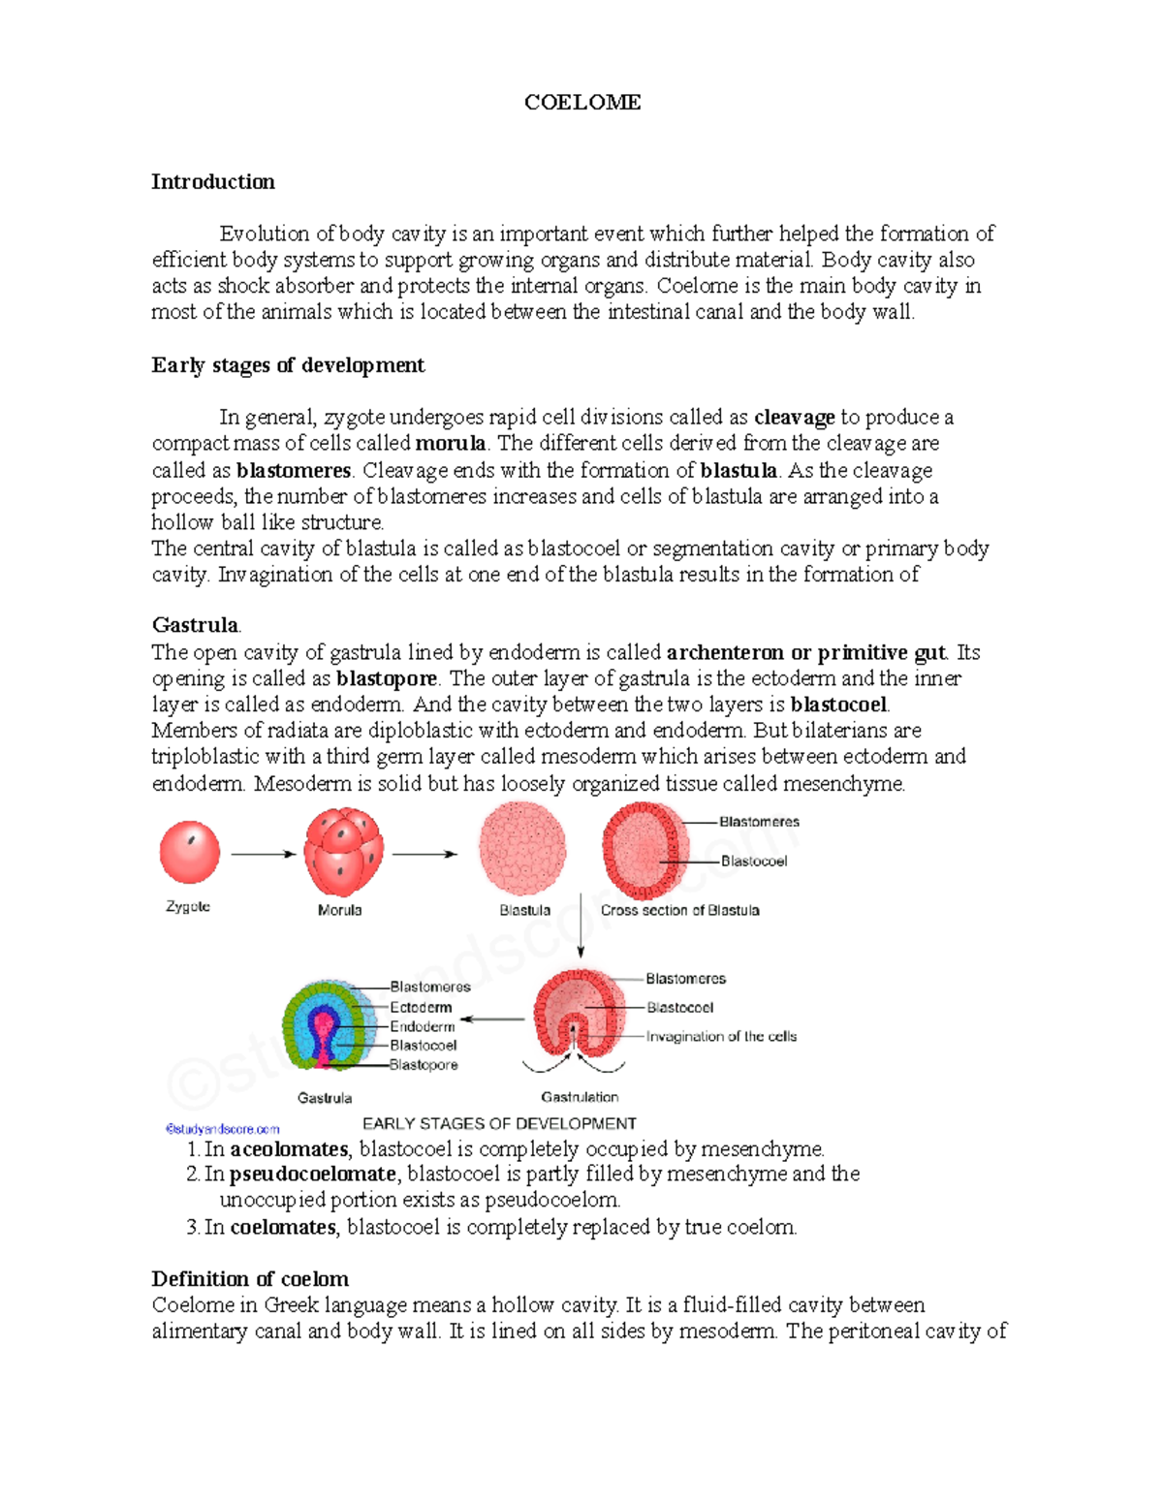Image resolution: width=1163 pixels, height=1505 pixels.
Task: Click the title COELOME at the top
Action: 581,103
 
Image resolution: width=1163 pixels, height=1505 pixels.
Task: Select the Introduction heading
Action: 213,182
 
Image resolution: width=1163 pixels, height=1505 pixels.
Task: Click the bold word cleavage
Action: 794,418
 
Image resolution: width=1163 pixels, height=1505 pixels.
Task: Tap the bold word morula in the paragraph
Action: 450,444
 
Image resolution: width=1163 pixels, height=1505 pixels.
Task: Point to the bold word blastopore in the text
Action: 387,678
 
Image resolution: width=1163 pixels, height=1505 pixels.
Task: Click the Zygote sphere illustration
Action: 190,852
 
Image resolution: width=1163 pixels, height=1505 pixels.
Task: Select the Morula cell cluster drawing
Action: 343,852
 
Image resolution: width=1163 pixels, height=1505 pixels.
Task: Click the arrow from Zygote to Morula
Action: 263,854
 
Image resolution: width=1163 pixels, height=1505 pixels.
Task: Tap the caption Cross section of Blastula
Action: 679,911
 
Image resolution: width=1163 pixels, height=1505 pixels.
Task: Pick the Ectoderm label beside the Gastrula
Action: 421,1008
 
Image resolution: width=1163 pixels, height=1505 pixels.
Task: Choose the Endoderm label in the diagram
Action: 422,1026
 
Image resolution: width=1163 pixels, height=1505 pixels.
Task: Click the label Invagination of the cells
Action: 721,1037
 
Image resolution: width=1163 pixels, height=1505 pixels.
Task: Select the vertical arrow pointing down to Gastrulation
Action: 581,925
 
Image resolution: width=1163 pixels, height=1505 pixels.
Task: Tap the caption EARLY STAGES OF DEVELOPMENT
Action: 499,1124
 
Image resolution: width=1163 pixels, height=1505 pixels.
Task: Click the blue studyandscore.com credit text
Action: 223,1129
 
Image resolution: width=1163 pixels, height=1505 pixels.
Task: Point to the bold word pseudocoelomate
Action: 313,1175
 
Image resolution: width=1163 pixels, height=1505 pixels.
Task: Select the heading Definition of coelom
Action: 250,1279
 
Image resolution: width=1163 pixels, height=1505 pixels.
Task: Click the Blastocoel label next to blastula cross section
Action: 753,862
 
